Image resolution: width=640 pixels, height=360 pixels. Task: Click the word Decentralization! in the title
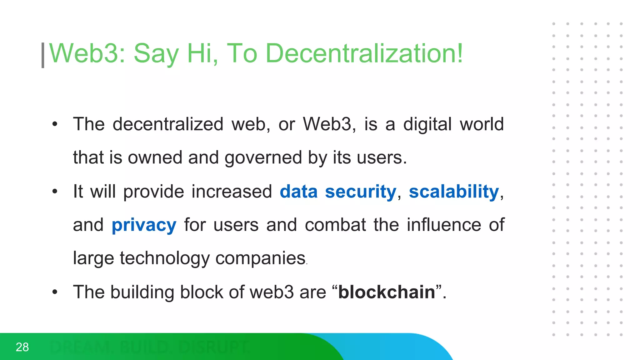364,53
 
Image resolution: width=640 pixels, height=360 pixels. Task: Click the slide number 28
22,347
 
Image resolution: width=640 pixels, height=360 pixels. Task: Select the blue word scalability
454,191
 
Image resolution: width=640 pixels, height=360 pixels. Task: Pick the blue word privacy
144,225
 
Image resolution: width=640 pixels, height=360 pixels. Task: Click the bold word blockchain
387,292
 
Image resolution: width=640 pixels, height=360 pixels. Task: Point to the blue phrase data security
338,191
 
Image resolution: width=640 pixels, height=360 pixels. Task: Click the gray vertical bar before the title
43,55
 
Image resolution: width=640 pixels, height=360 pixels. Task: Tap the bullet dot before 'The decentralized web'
55,124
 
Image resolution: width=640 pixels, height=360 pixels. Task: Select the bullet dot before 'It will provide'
55,191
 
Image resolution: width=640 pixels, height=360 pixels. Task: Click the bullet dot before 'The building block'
55,292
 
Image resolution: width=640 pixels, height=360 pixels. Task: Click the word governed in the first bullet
263,158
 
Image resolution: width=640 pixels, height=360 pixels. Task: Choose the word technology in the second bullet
165,258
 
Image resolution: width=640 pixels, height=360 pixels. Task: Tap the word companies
260,258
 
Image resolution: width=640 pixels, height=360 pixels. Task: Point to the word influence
444,225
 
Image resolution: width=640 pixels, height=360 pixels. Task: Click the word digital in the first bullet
427,124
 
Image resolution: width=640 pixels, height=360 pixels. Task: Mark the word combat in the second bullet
335,225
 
